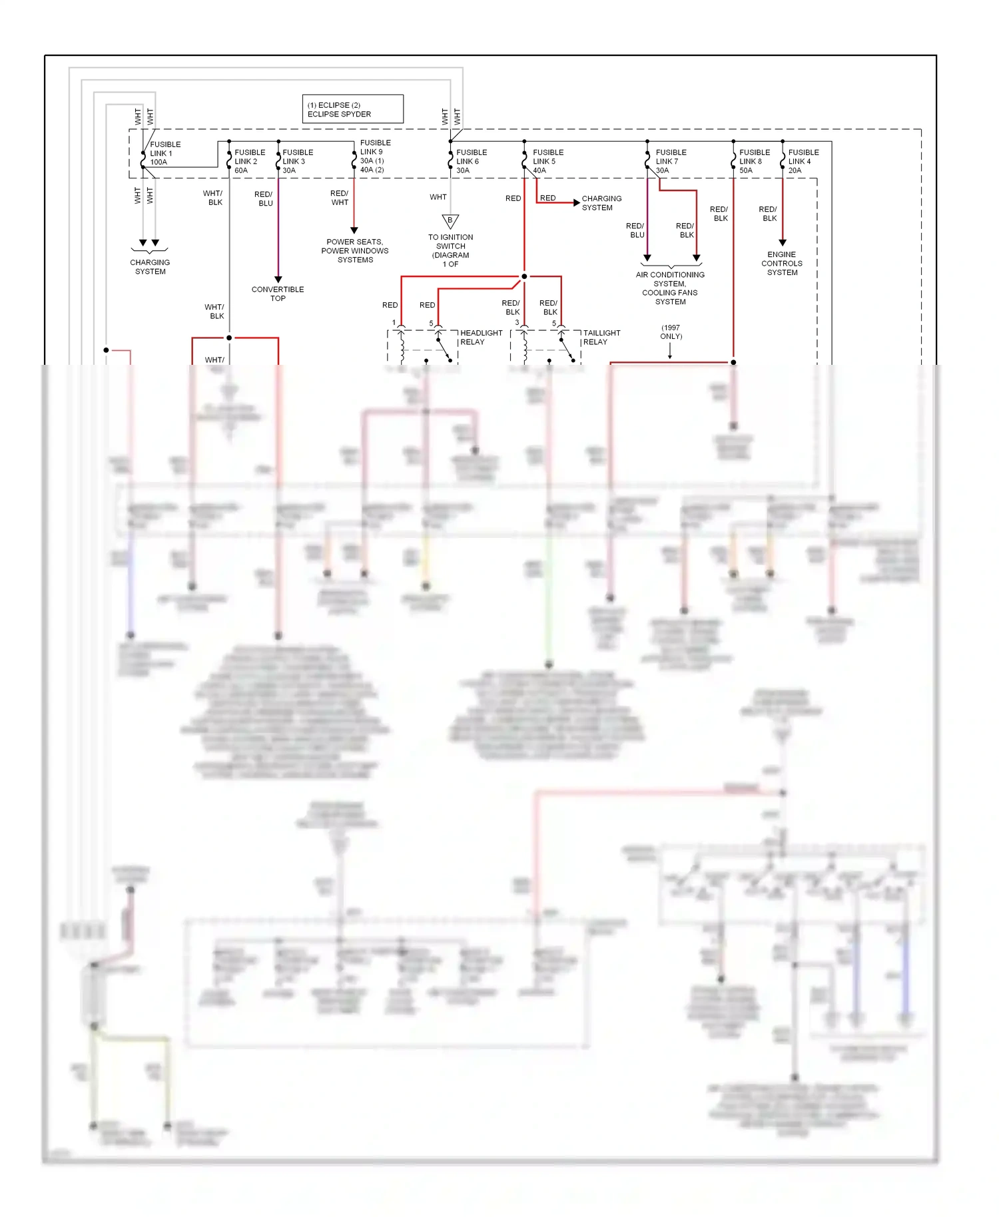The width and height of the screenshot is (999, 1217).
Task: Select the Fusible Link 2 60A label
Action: [249, 161]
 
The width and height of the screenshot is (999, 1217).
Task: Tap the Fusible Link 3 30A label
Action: [297, 161]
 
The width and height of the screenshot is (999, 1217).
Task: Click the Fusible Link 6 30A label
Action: [471, 161]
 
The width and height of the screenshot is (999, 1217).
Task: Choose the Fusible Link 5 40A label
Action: [547, 161]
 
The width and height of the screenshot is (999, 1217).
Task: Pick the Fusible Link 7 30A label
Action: [670, 161]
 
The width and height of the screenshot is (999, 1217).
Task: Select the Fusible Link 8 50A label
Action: [754, 161]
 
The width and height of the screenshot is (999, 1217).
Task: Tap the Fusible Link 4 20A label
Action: [803, 161]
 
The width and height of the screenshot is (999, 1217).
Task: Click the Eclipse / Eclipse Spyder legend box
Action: [352, 109]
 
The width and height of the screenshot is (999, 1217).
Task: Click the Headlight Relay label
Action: [481, 338]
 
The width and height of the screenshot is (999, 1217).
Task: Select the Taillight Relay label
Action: [601, 338]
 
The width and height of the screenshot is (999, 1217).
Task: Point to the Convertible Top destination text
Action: [278, 294]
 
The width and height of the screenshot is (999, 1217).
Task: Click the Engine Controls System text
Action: [782, 264]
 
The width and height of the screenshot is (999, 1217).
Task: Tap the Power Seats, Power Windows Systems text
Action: [354, 251]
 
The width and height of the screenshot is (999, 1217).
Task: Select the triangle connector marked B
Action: [450, 221]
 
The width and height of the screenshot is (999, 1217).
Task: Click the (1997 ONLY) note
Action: [671, 332]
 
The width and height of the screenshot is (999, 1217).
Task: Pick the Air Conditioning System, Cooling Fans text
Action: [670, 288]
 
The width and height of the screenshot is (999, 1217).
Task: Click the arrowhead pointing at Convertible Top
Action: [278, 280]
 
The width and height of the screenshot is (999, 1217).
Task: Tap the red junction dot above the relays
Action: [524, 276]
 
